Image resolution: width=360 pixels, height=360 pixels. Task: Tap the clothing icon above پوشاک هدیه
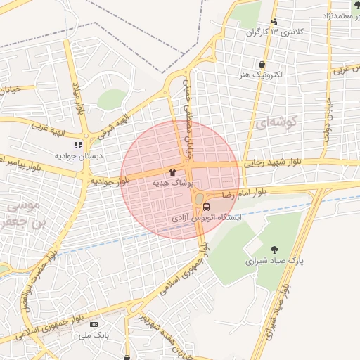(x=173, y=172)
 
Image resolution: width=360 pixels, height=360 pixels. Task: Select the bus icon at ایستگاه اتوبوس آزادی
(x=206, y=207)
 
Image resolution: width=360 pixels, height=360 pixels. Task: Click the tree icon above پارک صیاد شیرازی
(x=274, y=249)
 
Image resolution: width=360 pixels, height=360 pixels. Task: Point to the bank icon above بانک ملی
(x=94, y=324)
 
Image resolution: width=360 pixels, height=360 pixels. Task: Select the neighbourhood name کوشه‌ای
(x=279, y=122)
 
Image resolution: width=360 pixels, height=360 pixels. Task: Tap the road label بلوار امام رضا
(x=245, y=191)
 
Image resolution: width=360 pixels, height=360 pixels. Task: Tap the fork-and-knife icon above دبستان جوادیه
(x=78, y=145)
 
